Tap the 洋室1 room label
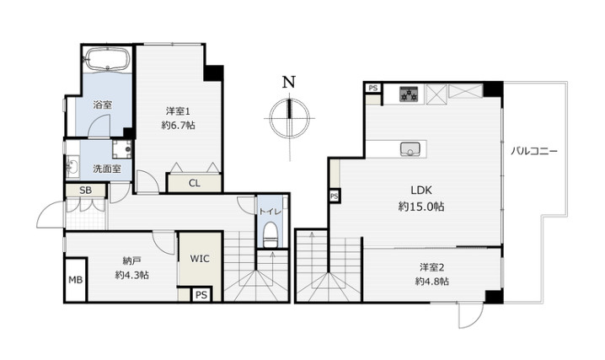tap(178, 111)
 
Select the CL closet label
tap(195, 183)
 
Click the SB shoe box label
tap(85, 191)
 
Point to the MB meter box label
tap(76, 280)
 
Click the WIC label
tap(200, 259)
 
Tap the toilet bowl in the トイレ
tap(270, 234)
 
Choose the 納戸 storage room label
tap(131, 261)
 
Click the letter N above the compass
tap(289, 82)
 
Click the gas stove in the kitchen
tap(409, 94)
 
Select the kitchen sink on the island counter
tap(410, 149)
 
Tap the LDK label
tap(421, 191)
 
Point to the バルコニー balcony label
tap(534, 151)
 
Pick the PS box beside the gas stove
tap(373, 88)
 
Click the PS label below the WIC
tap(201, 295)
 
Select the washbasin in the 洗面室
tap(72, 168)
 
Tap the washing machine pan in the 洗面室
tap(122, 149)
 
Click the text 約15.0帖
tap(421, 207)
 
